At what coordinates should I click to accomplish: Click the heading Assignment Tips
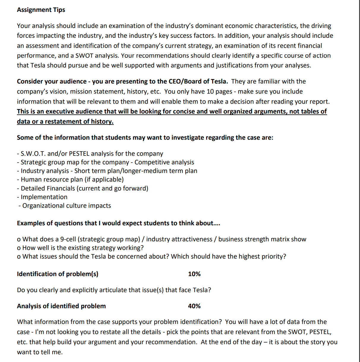point(41,10)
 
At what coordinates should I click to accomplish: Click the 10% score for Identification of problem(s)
point(194,274)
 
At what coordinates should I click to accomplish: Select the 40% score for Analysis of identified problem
point(194,306)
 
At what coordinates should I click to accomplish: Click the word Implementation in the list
point(44,197)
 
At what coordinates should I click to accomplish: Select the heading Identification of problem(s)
point(58,274)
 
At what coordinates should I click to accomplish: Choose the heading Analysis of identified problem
point(61,306)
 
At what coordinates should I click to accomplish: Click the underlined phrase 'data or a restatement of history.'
point(65,122)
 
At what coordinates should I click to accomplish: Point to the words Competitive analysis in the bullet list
point(164,162)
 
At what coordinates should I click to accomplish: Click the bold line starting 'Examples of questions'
point(118,223)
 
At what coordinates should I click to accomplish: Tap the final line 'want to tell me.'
point(40,352)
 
